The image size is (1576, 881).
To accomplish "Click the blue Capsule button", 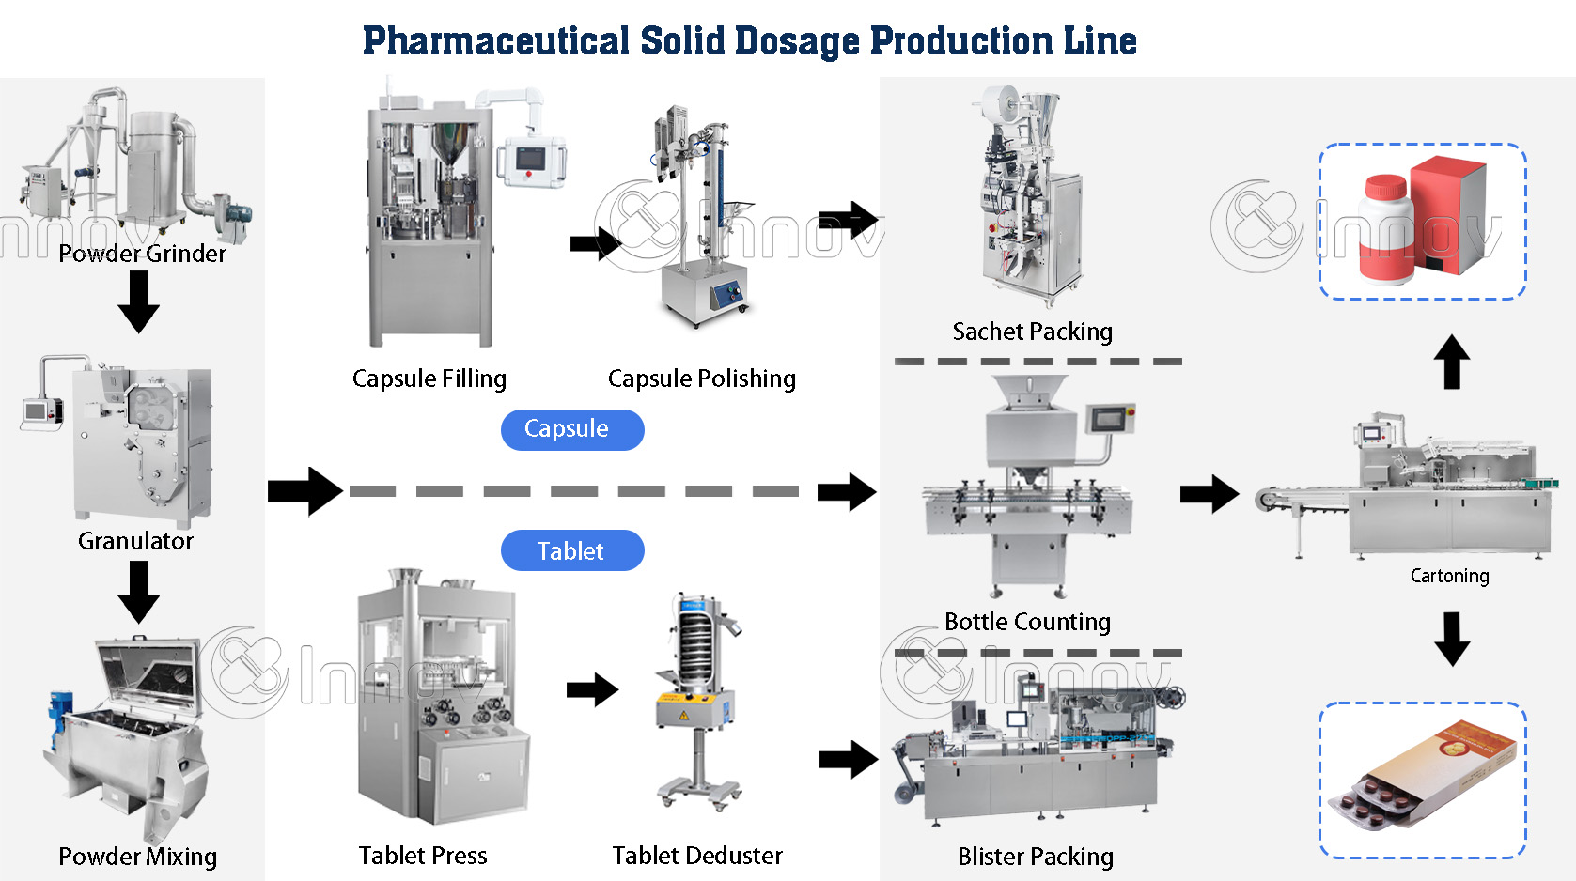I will pyautogui.click(x=572, y=429).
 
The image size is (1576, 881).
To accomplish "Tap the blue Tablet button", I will pyautogui.click(x=572, y=550).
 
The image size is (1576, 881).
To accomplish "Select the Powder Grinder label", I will pyautogui.click(x=142, y=254).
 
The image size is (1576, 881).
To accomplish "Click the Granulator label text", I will pyautogui.click(x=135, y=541).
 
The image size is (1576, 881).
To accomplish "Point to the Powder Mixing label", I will pyautogui.click(x=137, y=857).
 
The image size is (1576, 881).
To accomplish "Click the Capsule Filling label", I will pyautogui.click(x=429, y=379).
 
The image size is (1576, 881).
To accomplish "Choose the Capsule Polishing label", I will pyautogui.click(x=701, y=379).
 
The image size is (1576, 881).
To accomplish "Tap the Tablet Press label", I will pyautogui.click(x=423, y=856).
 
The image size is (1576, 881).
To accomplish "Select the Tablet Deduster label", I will pyautogui.click(x=697, y=856).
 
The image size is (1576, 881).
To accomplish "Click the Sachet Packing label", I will pyautogui.click(x=1032, y=332).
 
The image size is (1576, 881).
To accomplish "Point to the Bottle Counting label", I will pyautogui.click(x=1027, y=622).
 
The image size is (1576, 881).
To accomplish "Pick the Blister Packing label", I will pyautogui.click(x=1035, y=857).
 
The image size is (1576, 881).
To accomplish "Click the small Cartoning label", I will pyautogui.click(x=1449, y=576).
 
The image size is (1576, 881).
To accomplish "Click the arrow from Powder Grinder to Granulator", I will pyautogui.click(x=139, y=301).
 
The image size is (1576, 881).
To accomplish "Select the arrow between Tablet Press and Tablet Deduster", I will pyautogui.click(x=592, y=690).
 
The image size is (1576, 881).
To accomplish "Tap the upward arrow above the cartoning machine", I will pyautogui.click(x=1452, y=362).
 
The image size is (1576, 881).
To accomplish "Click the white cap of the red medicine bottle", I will pyautogui.click(x=1384, y=186).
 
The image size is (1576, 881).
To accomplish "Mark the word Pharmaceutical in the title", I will pyautogui.click(x=495, y=41).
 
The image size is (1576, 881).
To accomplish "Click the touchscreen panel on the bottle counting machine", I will pyautogui.click(x=1110, y=418).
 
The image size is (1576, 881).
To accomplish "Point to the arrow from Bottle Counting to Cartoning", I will pyautogui.click(x=1209, y=494).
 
